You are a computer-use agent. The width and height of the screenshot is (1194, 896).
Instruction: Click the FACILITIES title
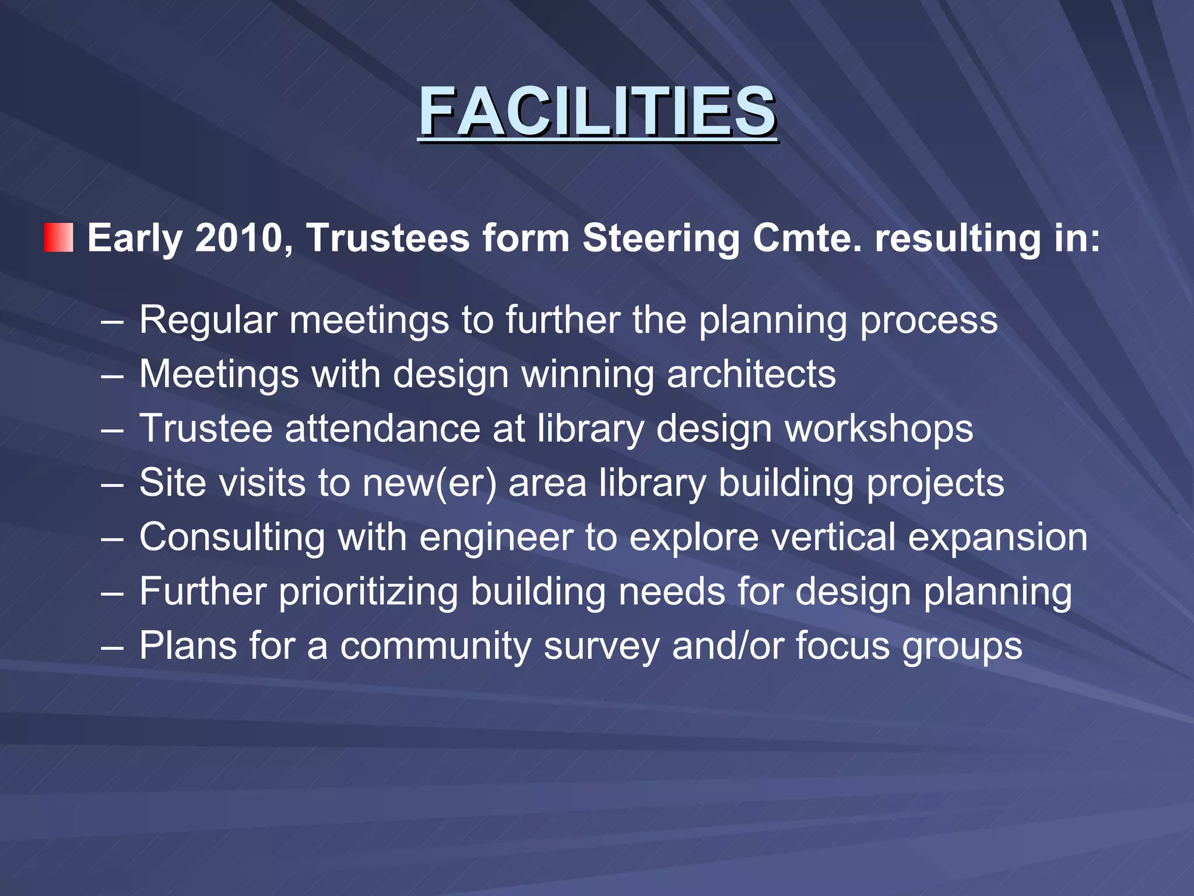click(597, 111)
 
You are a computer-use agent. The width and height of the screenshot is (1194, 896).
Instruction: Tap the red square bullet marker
click(59, 237)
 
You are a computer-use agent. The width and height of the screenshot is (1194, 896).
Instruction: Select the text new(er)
click(430, 483)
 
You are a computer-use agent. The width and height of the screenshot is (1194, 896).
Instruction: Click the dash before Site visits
click(111, 484)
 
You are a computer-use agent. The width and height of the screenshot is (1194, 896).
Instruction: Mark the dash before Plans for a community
click(111, 647)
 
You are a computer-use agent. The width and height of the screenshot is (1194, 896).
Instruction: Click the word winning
click(588, 375)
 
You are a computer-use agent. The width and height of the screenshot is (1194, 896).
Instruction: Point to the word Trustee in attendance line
click(206, 429)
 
